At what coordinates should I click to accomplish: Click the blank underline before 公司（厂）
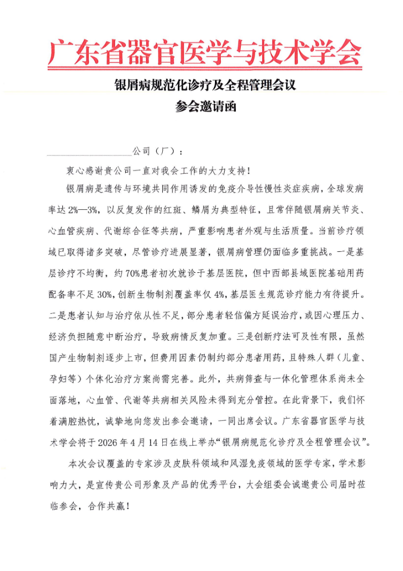[89, 153]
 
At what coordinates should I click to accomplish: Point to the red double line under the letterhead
[204, 69]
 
